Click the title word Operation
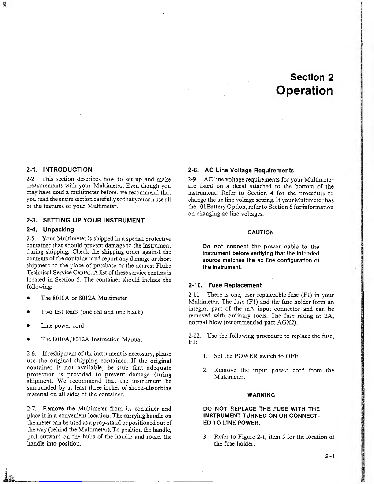pyautogui.click(x=304, y=91)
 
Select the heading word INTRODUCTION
pyautogui.click(x=68, y=170)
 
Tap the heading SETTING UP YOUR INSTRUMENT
pyautogui.click(x=94, y=220)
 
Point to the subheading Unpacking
pyautogui.click(x=58, y=229)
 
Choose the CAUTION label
pyautogui.click(x=261, y=233)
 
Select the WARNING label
pyautogui.click(x=261, y=395)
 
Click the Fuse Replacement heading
pyautogui.click(x=235, y=285)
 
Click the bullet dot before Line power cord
pyautogui.click(x=28, y=326)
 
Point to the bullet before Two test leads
pyautogui.click(x=28, y=312)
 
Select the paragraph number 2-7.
pyautogui.click(x=32, y=409)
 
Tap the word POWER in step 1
pyautogui.click(x=246, y=356)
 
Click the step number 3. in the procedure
pyautogui.click(x=206, y=437)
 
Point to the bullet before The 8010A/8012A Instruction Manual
pyautogui.click(x=28, y=339)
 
